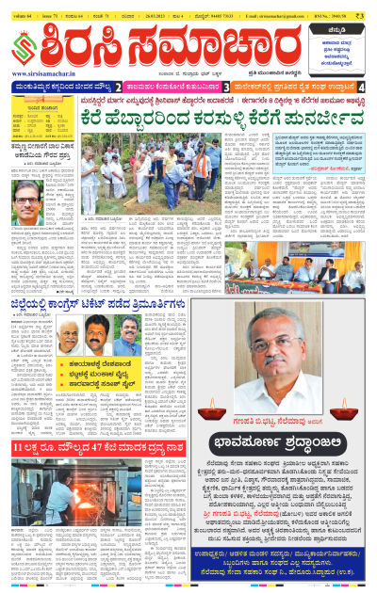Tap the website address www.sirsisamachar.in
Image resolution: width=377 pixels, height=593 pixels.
pyautogui.click(x=46, y=72)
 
